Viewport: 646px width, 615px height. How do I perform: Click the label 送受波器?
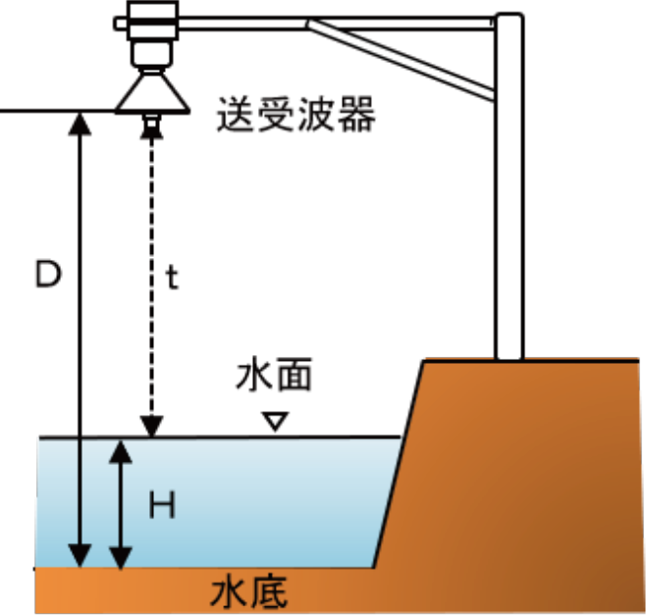point(296,116)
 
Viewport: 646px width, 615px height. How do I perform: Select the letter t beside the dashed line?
point(172,278)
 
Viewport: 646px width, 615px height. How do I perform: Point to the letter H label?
point(162,505)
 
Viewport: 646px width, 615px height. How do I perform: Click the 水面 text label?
point(274,378)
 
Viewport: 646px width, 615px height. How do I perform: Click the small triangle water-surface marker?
point(276,421)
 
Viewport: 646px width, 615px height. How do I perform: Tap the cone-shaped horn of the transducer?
point(151,94)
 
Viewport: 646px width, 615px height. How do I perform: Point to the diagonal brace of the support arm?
point(403,59)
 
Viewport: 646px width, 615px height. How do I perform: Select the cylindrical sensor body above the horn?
point(152,39)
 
